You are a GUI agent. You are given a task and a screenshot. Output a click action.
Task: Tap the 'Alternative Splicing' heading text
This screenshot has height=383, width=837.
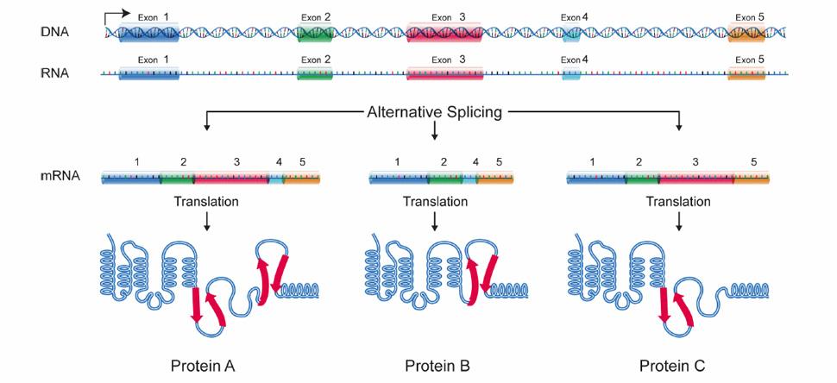435,112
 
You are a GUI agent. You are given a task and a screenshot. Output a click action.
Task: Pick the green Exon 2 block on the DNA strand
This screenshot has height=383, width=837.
315,34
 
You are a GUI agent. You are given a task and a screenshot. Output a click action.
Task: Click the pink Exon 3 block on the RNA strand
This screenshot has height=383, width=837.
444,74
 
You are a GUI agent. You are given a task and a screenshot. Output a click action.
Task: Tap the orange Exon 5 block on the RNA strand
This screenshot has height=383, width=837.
746,74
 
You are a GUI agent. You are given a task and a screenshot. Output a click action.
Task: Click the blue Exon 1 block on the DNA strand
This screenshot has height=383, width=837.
148,34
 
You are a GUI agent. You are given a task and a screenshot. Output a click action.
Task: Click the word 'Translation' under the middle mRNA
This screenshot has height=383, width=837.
435,202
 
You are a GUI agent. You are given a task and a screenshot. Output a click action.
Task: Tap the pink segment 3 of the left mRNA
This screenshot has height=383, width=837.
231,179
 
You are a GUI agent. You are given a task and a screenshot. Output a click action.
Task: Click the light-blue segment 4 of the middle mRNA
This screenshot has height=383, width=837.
469,179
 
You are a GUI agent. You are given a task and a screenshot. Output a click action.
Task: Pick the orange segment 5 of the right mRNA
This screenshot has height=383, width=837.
751,179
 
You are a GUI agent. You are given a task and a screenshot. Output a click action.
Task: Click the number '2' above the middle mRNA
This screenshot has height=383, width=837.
444,161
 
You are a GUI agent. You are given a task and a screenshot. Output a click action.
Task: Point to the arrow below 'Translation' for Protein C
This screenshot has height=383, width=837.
680,222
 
